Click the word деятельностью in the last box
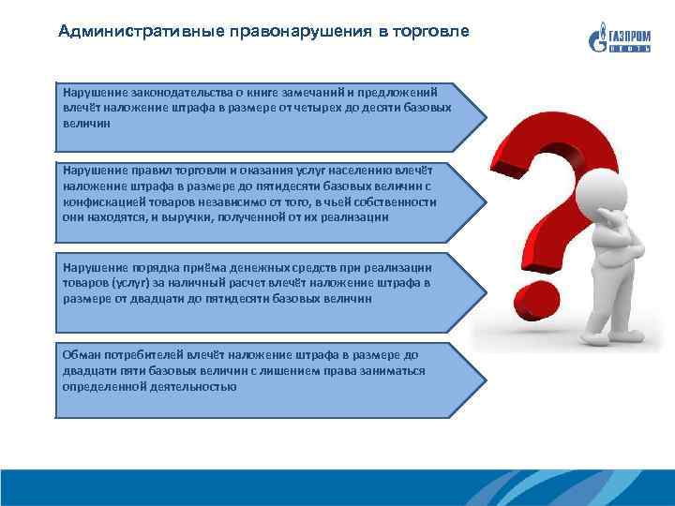point(183,386)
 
